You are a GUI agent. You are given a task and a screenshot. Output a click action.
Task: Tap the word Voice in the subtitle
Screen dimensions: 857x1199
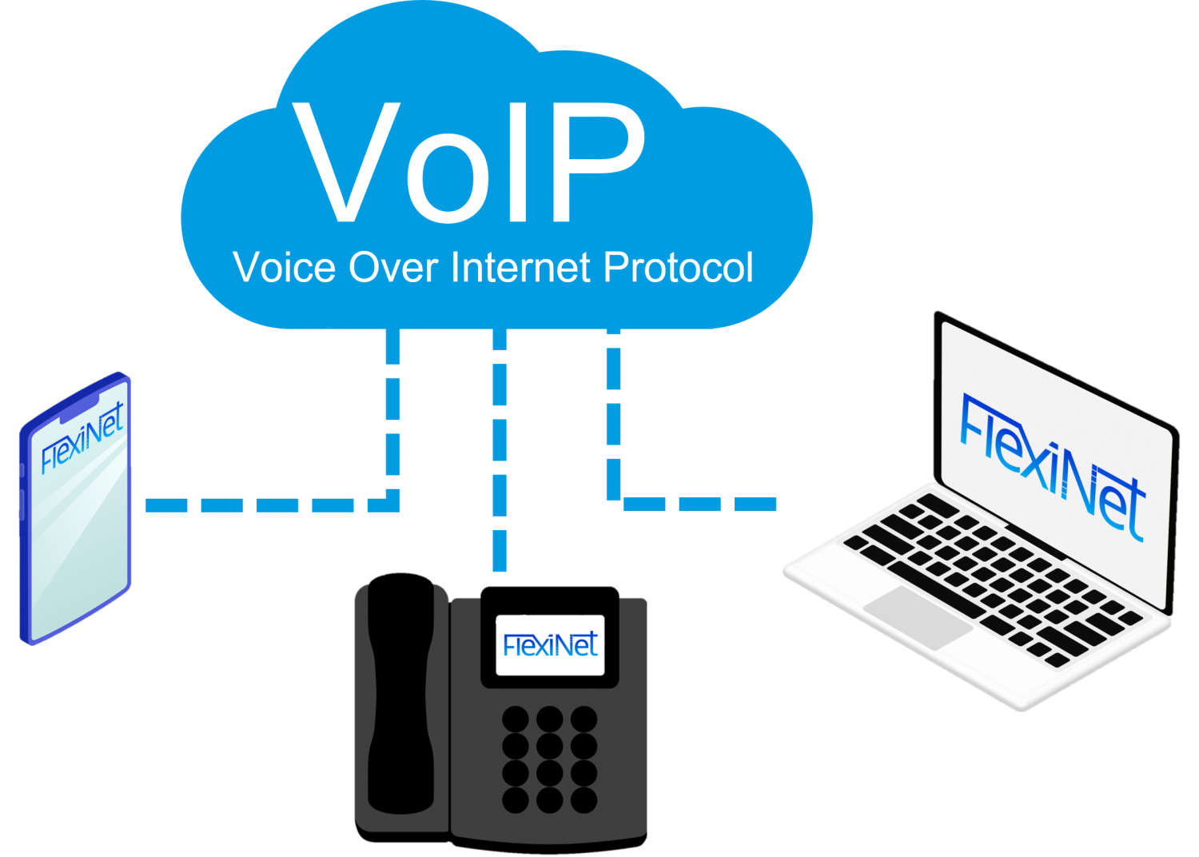coord(285,268)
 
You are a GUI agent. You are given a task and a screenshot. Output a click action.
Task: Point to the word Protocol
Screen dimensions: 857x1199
coord(678,268)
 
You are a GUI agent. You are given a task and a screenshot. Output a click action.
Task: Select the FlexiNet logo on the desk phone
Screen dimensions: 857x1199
coord(551,644)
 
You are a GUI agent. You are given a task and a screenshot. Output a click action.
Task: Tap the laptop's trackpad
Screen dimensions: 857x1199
coord(918,616)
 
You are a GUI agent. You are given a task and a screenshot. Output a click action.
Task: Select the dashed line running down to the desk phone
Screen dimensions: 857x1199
coord(500,448)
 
